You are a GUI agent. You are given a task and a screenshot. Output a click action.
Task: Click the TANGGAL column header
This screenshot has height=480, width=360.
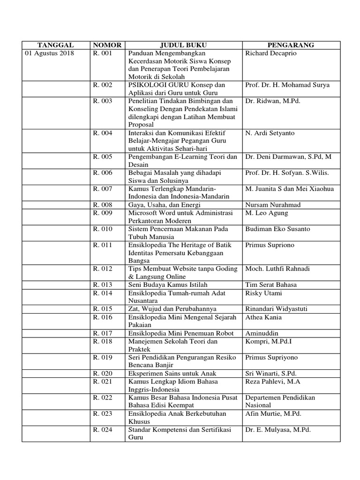coord(55,45)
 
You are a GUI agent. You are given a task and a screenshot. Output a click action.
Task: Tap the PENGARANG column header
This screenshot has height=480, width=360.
coord(291,45)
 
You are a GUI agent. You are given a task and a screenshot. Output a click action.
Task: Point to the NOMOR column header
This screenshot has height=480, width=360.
coord(107,45)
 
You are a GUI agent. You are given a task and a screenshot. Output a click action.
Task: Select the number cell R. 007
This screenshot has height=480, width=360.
coord(103,189)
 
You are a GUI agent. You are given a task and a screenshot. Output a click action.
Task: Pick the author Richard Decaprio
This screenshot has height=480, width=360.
coord(271,53)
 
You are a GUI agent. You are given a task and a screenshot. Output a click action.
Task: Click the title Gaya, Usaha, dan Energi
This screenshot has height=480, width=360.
coord(165,205)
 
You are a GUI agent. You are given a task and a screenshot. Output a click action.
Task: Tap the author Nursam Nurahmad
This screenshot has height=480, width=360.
coord(272,205)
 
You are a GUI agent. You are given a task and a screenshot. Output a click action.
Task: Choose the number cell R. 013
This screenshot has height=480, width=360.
coord(103,285)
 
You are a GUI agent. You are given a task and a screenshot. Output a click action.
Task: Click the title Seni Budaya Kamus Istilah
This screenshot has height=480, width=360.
coord(168,285)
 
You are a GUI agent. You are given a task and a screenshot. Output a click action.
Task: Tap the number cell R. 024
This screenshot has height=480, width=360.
coord(103,429)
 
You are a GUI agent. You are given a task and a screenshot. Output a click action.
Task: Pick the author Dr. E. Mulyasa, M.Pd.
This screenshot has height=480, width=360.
coord(278,429)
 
